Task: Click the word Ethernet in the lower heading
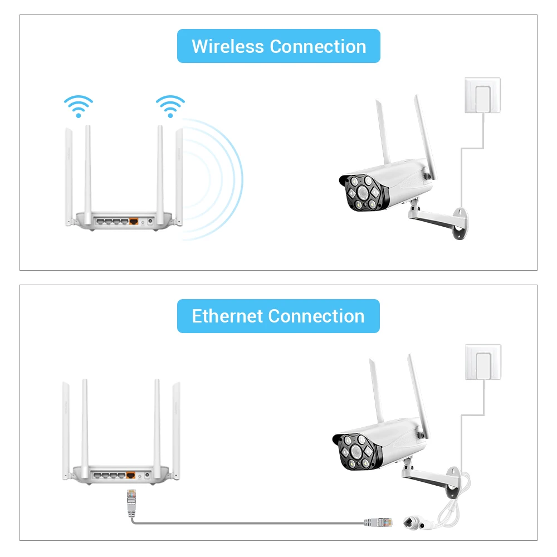pyautogui.click(x=227, y=316)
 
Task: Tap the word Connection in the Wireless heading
pyautogui.click(x=318, y=46)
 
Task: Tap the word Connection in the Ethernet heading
pyautogui.click(x=316, y=316)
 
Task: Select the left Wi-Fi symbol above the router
pyautogui.click(x=78, y=106)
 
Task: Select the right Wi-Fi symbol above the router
pyautogui.click(x=170, y=106)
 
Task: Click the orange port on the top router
pyautogui.click(x=134, y=221)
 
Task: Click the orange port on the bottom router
pyautogui.click(x=131, y=475)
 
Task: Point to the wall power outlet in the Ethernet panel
pyautogui.click(x=482, y=363)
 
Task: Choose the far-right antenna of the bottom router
pyautogui.click(x=176, y=429)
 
